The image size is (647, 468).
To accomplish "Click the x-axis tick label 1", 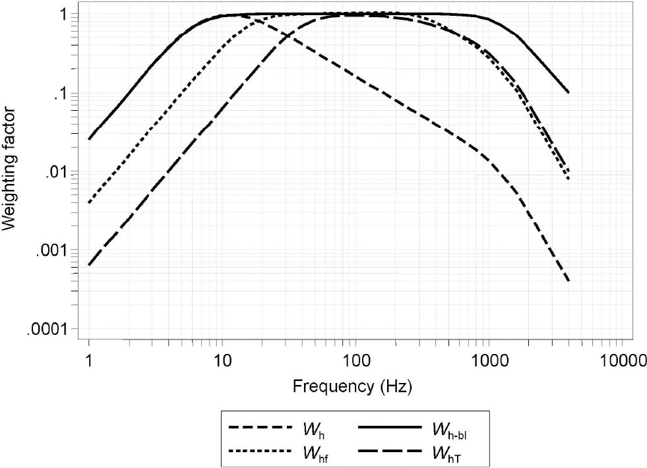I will pyautogui.click(x=88, y=359).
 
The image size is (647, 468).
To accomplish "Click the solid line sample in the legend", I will pyautogui.click(x=388, y=428).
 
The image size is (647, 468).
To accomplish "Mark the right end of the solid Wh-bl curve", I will pyautogui.click(x=568, y=92).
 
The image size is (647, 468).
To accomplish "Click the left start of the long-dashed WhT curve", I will pyautogui.click(x=88, y=264).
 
